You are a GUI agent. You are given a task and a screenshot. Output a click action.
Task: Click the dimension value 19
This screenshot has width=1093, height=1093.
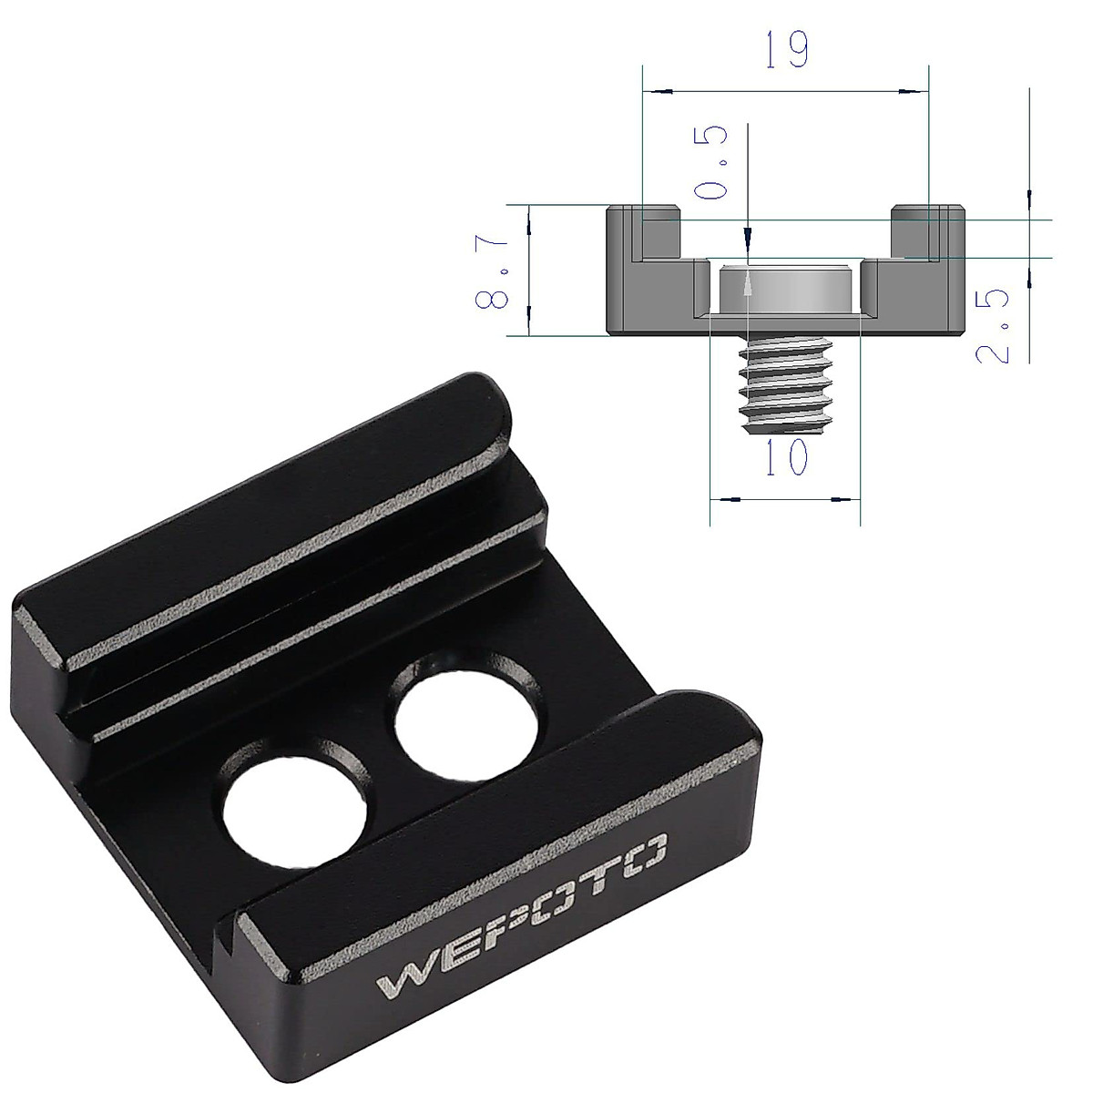[785, 50]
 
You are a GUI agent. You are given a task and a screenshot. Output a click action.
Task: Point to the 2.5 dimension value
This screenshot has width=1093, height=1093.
[993, 326]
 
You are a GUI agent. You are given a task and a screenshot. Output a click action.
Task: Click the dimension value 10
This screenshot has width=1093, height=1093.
[785, 456]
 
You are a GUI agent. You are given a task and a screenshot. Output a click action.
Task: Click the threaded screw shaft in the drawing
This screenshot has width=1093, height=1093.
[784, 387]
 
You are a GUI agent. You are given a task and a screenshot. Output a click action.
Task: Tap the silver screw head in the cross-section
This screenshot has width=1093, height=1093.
[784, 291]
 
